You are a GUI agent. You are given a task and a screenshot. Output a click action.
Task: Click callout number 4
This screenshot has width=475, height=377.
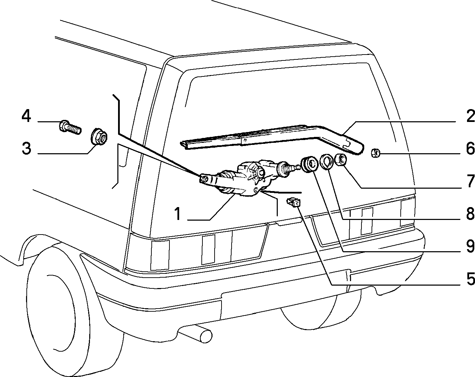tap(26, 116)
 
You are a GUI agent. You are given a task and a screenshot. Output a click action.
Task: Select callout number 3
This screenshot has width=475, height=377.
tap(26, 148)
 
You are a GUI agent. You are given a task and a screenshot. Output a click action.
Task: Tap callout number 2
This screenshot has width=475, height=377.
tap(470, 116)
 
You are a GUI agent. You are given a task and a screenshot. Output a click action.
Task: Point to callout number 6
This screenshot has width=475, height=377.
tap(470, 148)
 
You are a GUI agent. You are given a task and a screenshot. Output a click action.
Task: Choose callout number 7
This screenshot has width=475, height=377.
tap(470, 181)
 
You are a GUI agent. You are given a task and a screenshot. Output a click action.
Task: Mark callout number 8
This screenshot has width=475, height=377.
tap(470, 214)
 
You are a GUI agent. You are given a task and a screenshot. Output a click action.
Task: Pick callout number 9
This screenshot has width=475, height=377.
tap(470, 246)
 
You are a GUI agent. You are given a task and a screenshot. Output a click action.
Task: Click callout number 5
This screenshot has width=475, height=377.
tap(470, 279)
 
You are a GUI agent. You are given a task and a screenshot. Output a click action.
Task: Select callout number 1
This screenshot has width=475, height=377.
tap(178, 214)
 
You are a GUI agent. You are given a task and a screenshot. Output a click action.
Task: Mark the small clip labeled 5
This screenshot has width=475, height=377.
tap(293, 202)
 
